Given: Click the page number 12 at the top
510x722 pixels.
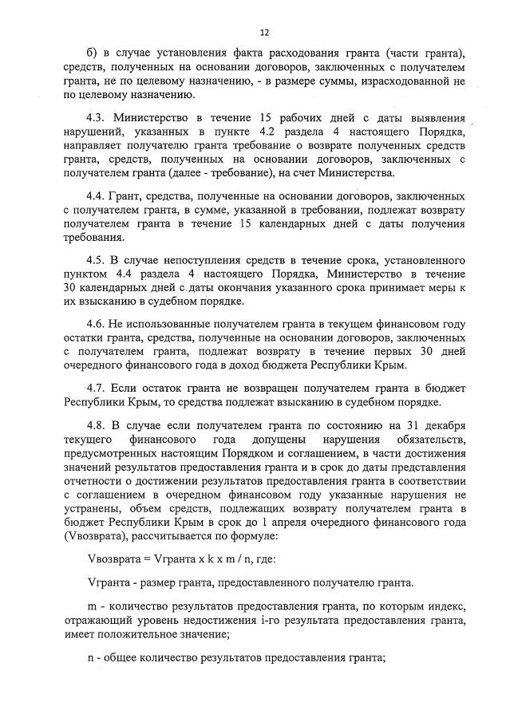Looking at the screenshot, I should (265, 33).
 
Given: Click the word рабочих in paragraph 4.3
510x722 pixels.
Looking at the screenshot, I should (299, 117).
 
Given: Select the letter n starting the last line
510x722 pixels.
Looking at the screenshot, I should (90, 658).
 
